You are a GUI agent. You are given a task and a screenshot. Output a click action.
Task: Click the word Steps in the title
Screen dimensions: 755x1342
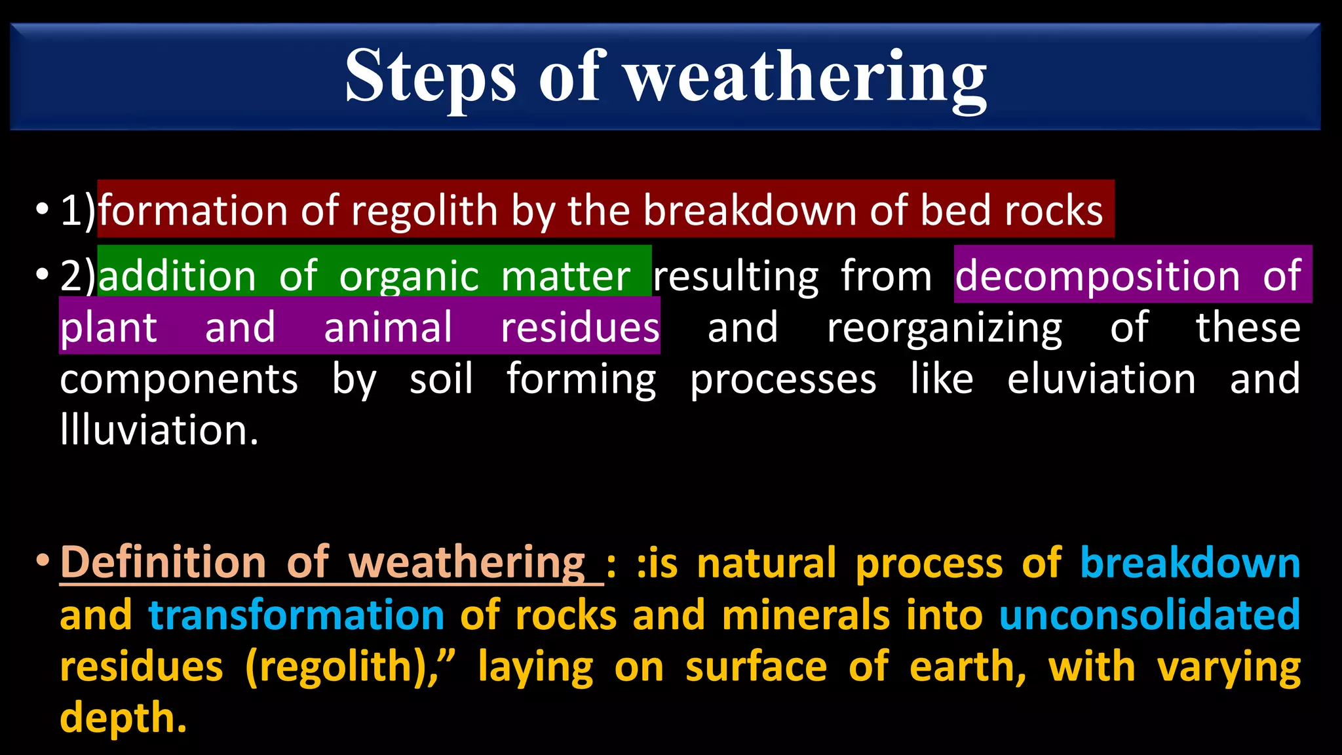[430, 77]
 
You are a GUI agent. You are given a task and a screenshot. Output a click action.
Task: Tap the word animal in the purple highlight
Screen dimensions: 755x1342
[388, 328]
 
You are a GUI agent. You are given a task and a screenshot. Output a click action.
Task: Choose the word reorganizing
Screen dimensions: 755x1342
[944, 328]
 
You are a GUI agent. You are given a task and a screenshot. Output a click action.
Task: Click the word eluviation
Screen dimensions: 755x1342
[1102, 379]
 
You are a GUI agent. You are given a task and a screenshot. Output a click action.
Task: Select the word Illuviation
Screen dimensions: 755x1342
[159, 430]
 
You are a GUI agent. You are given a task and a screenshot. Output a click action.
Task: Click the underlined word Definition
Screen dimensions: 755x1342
[163, 562]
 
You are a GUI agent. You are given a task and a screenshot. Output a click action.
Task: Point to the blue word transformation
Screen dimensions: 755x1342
[297, 615]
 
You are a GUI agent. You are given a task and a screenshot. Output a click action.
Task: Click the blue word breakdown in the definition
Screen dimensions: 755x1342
[1190, 562]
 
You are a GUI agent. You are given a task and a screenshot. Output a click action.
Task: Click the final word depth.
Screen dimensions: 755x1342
[123, 718]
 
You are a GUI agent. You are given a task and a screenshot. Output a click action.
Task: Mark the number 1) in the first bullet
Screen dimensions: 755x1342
[78, 211]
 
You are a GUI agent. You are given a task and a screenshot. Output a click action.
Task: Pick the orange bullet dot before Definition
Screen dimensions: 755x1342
[43, 561]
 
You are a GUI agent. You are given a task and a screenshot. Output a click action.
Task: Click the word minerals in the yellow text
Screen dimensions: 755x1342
[805, 615]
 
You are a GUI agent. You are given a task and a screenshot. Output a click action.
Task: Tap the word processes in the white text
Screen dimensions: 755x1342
[783, 379]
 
